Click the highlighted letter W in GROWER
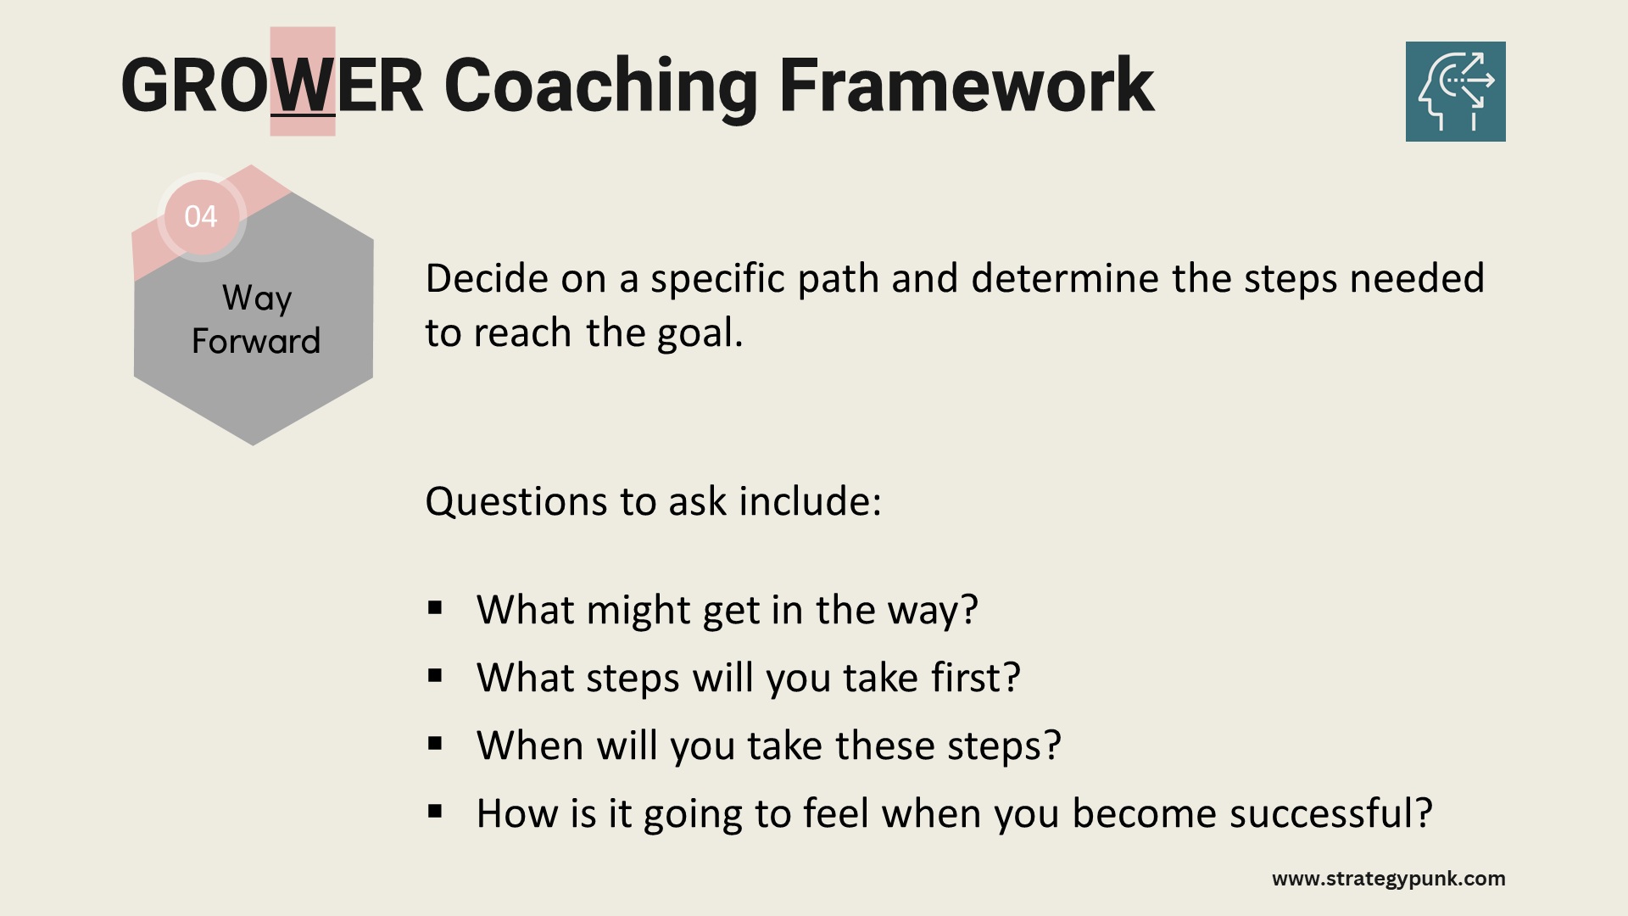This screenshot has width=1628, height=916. tap(303, 85)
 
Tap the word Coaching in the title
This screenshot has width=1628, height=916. tap(600, 87)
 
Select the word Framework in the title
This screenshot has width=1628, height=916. tap(967, 85)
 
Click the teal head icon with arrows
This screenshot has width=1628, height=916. tap(1455, 92)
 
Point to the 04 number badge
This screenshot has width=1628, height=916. tap(201, 216)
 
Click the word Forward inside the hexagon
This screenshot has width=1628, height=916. tap(256, 341)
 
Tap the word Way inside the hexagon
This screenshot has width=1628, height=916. tap(257, 299)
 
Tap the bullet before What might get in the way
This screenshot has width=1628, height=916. tap(436, 607)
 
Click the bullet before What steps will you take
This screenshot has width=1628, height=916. tap(436, 675)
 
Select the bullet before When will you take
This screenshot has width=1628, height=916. tap(436, 743)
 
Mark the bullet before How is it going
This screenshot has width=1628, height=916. tap(436, 811)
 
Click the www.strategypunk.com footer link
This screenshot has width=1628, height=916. tap(1389, 879)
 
